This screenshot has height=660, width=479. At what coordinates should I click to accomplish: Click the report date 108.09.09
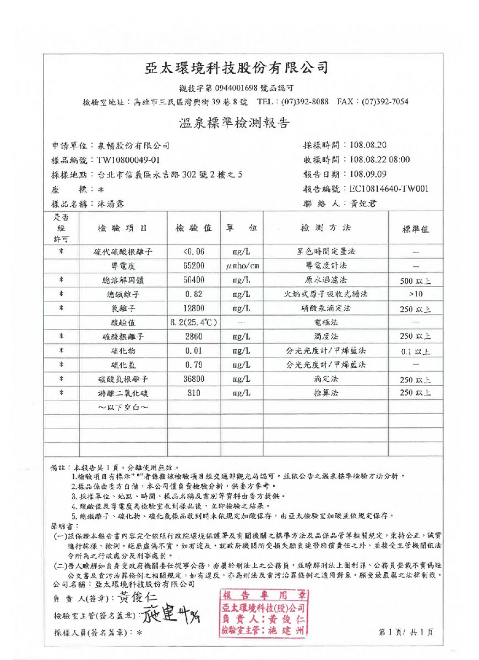point(368,174)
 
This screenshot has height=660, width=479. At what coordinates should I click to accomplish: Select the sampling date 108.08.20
point(368,145)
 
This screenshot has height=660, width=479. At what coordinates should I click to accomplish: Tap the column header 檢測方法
point(325,228)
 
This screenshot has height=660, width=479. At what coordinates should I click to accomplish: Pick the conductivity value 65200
point(193,266)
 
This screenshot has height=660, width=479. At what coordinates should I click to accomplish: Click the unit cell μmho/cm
point(242,266)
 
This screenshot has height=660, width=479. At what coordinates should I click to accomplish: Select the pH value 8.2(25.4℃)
point(193,322)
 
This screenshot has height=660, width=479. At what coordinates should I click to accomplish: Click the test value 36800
point(193,379)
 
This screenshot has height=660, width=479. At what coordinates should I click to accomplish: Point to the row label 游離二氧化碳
point(123,393)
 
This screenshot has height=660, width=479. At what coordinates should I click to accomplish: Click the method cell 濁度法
point(325,337)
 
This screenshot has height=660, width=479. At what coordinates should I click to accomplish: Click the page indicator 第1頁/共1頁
point(406,632)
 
